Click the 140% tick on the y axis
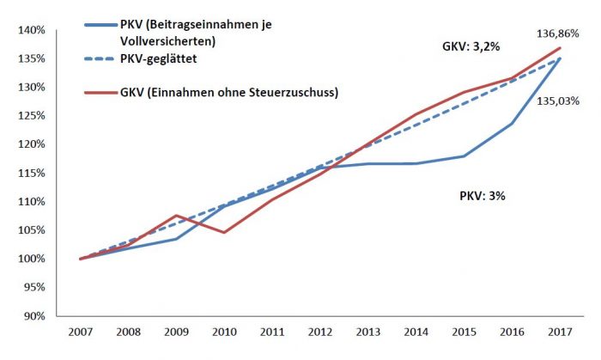tap(30, 30)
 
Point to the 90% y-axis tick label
tap(33, 316)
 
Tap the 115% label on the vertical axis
tap(30, 173)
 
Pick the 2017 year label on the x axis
tap(560, 331)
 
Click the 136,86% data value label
tap(563, 35)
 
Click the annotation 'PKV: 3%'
tap(483, 196)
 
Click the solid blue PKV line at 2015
tap(464, 156)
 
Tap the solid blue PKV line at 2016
tap(513, 124)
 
